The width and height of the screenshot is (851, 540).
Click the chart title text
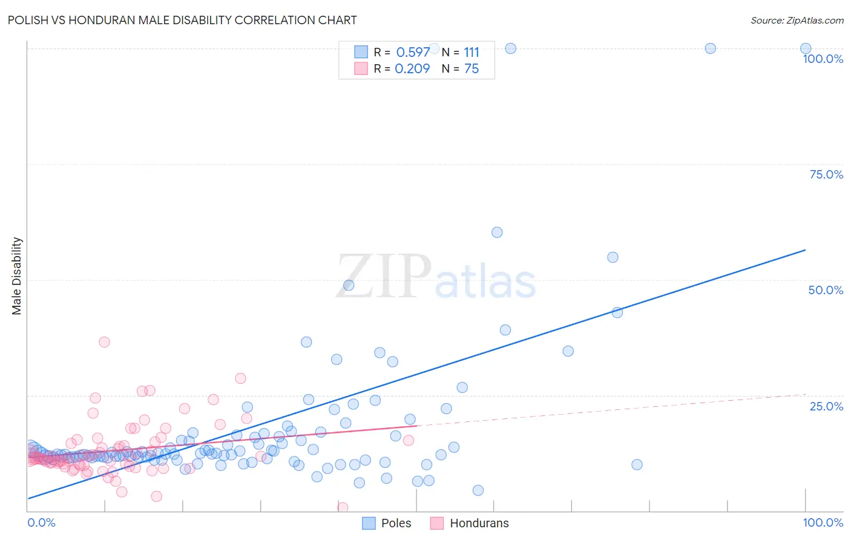click(182, 20)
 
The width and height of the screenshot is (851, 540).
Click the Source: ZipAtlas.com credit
click(797, 20)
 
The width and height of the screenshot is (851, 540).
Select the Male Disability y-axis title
click(16, 275)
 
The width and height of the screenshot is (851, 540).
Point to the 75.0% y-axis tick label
click(826, 174)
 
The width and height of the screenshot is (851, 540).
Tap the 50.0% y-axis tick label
click(826, 290)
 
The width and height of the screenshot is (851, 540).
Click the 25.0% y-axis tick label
click(826, 406)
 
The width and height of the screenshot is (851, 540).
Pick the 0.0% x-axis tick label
click(41, 522)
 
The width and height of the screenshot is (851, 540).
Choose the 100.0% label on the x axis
click(823, 522)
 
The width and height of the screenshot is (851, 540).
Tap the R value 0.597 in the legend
click(413, 52)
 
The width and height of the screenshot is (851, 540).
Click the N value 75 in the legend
click(471, 69)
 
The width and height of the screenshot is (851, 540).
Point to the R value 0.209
click(412, 69)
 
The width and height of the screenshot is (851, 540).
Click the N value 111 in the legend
click(471, 52)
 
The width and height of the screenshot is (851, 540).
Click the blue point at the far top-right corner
click(806, 48)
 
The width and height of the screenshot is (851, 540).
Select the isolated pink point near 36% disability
click(104, 342)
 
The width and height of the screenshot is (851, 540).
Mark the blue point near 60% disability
click(497, 232)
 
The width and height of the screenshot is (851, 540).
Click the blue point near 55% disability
click(613, 257)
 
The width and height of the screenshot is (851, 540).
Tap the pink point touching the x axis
click(343, 507)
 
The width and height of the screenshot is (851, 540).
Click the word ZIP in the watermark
click(384, 277)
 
